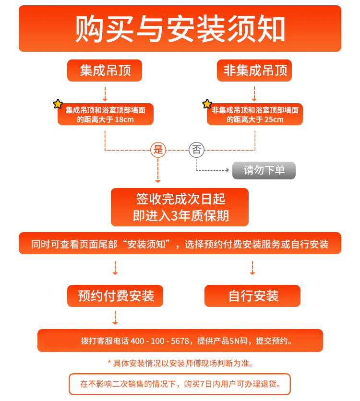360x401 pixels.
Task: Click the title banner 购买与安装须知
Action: (180, 29)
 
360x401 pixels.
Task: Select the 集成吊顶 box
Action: (105, 71)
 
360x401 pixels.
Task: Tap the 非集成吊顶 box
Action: (254, 71)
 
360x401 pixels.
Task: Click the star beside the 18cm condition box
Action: (58, 104)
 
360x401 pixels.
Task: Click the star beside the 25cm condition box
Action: (207, 104)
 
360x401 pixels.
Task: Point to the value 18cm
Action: (124, 119)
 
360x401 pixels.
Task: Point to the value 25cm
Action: (274, 119)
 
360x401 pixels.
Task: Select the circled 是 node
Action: (158, 150)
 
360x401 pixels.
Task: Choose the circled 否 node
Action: (196, 150)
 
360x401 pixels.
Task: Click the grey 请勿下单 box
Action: (264, 170)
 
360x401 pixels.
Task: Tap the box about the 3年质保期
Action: (180, 207)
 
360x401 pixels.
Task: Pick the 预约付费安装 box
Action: (115, 296)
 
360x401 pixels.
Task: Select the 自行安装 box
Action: (252, 296)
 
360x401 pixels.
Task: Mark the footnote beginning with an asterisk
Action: (180, 363)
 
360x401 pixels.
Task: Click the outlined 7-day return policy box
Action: (180, 384)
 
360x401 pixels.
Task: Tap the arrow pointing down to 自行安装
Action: (252, 268)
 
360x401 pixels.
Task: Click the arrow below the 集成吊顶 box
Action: (105, 94)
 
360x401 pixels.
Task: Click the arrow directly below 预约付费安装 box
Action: (115, 318)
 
